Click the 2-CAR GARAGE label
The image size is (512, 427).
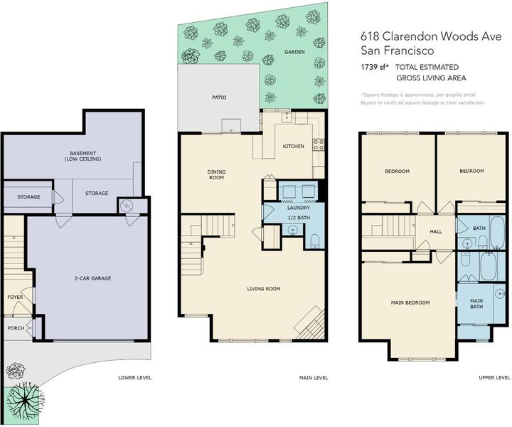[x=92, y=278]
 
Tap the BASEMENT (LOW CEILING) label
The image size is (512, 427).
[x=83, y=156]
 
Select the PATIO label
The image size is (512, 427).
[x=219, y=97]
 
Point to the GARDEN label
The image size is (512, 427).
[x=294, y=52]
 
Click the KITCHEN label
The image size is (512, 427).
[x=293, y=146]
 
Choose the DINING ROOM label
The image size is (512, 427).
[x=216, y=174]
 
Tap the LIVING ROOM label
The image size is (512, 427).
[x=264, y=289]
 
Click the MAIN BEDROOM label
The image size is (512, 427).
[x=410, y=303]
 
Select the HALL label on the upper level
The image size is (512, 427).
[x=436, y=231]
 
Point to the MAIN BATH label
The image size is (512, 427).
[x=476, y=304]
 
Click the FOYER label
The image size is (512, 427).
[x=15, y=297]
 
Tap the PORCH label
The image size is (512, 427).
[x=16, y=328]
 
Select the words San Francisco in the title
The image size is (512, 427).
[x=398, y=51]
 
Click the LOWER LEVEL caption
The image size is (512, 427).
[x=134, y=378]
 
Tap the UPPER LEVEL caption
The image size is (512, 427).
[x=494, y=378]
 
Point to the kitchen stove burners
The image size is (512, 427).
[x=319, y=144]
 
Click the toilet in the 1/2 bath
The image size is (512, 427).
[x=314, y=241]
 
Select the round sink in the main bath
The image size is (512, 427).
[x=500, y=294]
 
